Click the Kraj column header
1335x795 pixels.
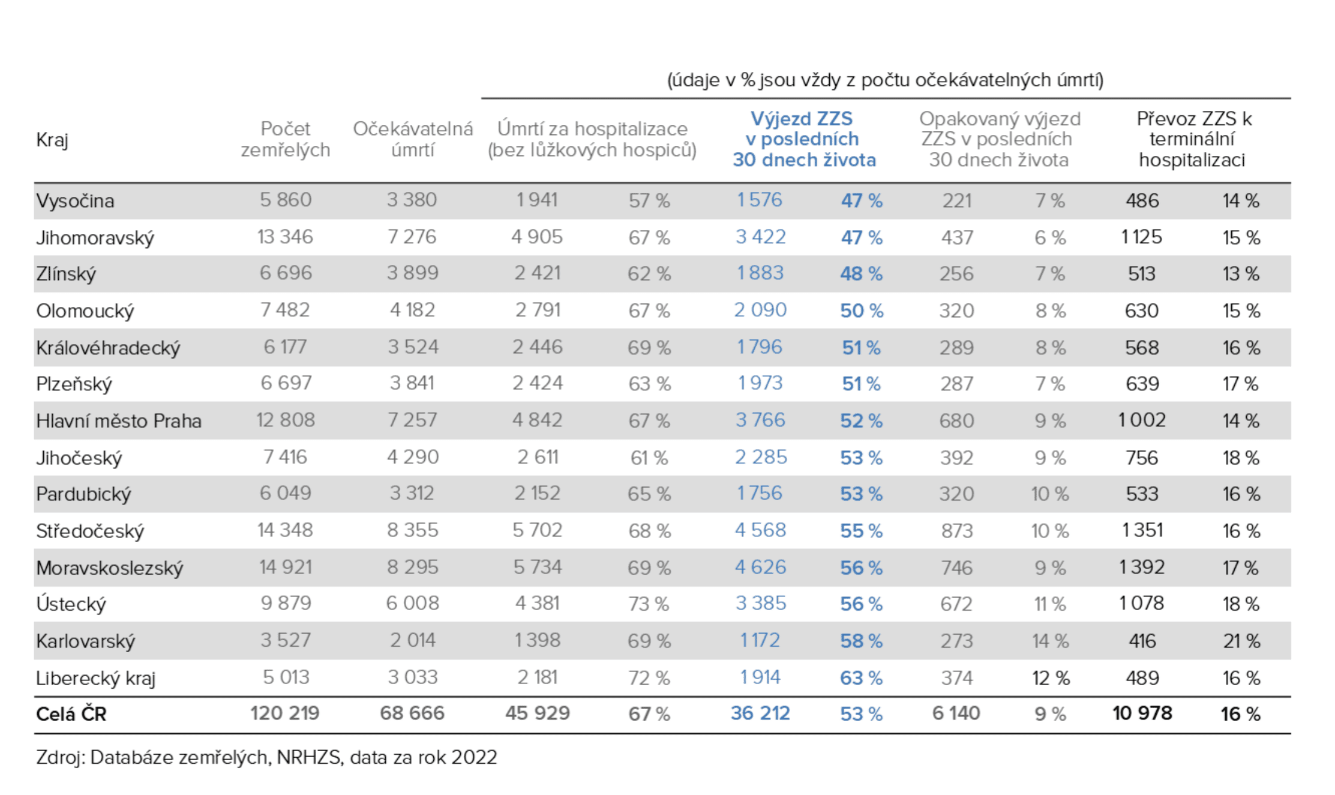point(52,140)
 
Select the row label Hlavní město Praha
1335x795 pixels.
point(118,420)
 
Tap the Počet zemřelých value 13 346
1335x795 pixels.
point(285,237)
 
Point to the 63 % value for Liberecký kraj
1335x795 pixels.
point(861,677)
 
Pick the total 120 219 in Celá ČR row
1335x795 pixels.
point(285,713)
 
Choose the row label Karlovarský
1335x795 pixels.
point(85,641)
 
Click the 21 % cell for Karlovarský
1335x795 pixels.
point(1241,641)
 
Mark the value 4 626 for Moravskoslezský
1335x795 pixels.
point(760,567)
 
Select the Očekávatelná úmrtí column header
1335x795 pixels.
point(413,139)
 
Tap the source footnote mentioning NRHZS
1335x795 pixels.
point(266,757)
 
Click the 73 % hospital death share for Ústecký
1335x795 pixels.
point(649,603)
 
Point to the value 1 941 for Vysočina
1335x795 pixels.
point(537,200)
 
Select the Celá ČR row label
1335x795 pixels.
point(71,714)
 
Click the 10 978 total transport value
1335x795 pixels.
point(1142,713)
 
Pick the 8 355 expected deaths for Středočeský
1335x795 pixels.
point(412,530)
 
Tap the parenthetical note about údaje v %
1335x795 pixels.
point(885,80)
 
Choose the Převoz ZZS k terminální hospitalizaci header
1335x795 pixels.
point(1193,139)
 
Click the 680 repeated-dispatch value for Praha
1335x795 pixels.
point(956,420)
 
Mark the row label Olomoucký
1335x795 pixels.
point(85,310)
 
